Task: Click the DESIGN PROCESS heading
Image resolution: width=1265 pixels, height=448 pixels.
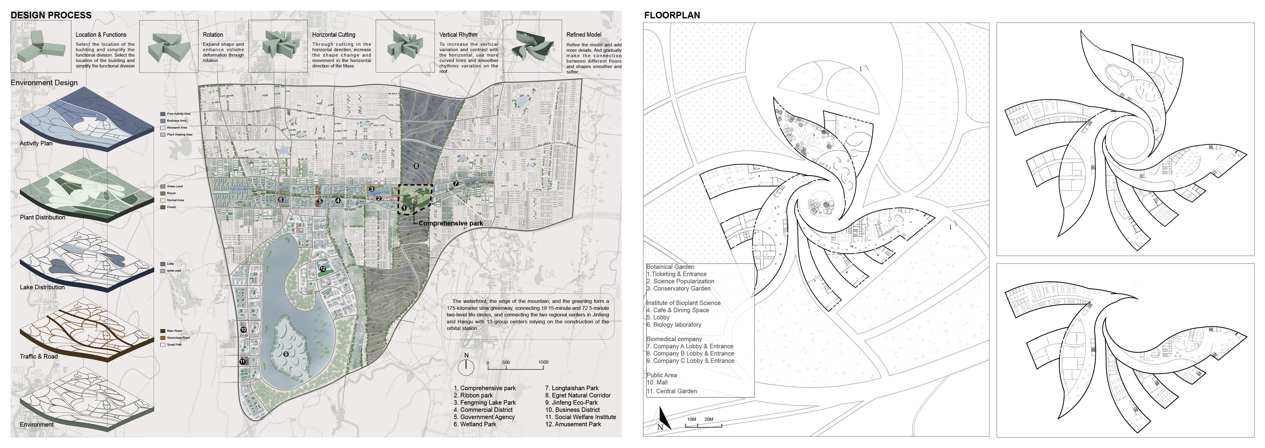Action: (x=51, y=15)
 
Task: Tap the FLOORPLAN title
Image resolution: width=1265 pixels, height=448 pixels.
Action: (x=672, y=15)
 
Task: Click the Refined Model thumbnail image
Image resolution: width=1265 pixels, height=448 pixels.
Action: (x=532, y=46)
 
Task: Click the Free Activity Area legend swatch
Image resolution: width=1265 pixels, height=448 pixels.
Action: (x=163, y=114)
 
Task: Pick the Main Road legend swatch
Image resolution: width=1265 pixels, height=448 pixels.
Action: (x=163, y=331)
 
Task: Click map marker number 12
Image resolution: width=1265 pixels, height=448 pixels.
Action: (x=322, y=269)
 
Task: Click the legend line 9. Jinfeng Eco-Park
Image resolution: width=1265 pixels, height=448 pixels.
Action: (x=571, y=402)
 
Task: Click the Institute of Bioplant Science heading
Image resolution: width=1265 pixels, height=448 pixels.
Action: (x=683, y=303)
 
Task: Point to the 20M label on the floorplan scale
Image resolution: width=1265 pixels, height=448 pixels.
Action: (x=709, y=419)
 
